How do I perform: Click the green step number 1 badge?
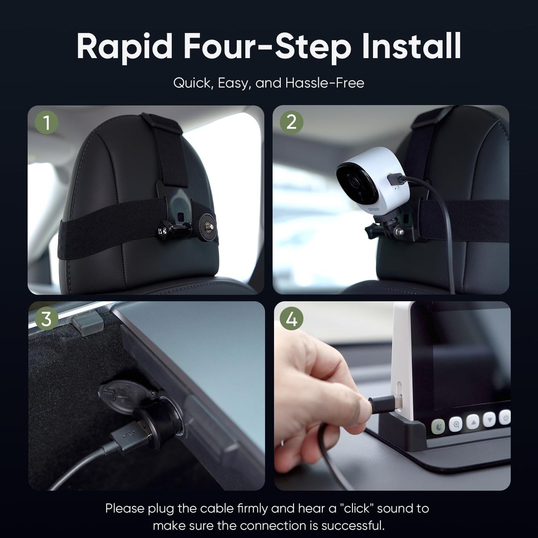(x=47, y=122)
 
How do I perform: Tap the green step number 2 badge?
(x=291, y=122)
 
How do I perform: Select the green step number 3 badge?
(x=46, y=319)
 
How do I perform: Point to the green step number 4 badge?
(x=292, y=319)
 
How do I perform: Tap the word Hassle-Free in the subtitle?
(x=324, y=83)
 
